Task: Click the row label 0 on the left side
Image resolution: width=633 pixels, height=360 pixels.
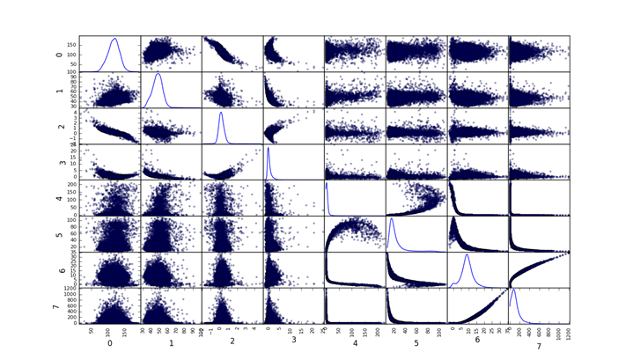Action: click(x=56, y=54)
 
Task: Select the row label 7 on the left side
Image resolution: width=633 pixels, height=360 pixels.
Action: click(x=56, y=305)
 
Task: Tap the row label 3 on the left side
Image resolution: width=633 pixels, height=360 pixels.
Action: click(x=56, y=162)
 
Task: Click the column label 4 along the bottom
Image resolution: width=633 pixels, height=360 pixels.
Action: click(x=355, y=342)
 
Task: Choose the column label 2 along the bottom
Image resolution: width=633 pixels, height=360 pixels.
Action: click(x=232, y=342)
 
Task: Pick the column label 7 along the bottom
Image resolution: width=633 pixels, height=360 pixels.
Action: click(x=538, y=342)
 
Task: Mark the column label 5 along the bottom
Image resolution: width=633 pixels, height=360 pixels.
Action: click(x=416, y=342)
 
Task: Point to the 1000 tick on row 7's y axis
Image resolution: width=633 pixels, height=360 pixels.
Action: click(x=69, y=295)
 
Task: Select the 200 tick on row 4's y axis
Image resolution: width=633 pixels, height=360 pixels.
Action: click(x=70, y=185)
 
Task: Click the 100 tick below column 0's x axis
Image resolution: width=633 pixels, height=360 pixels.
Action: click(x=107, y=330)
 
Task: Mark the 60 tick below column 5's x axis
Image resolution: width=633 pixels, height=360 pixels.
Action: click(x=418, y=330)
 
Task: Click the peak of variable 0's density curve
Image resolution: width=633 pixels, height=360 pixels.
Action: click(x=114, y=38)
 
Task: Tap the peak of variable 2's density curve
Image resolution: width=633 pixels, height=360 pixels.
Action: click(x=221, y=112)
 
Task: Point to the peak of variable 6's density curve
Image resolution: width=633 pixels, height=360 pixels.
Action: click(x=467, y=255)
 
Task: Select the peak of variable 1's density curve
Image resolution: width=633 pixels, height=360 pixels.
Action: click(x=158, y=74)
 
